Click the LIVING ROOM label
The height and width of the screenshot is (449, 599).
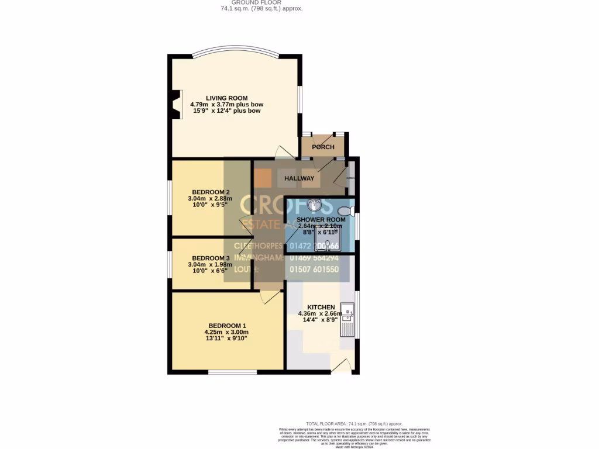click(226, 98)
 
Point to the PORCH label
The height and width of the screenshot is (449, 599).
click(323, 147)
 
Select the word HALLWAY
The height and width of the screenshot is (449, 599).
click(299, 178)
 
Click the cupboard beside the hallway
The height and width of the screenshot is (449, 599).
click(351, 178)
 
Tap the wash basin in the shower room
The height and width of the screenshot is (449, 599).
click(315, 205)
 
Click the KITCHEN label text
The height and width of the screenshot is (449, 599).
click(321, 307)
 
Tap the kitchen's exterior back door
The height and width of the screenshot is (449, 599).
click(341, 367)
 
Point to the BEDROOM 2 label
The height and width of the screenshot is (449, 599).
click(211, 192)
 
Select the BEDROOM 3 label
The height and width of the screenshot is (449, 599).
click(211, 258)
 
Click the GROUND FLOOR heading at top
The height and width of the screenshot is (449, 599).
click(261, 2)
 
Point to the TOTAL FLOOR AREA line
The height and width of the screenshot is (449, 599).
click(354, 423)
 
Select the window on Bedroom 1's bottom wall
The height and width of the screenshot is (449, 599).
click(232, 372)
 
